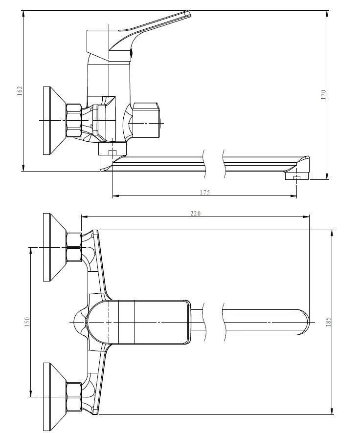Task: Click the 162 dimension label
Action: coord(20,91)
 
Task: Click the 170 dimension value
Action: coord(323,95)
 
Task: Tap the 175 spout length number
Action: coord(205,193)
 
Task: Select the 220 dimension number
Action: coord(196,214)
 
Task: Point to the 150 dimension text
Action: coord(27,322)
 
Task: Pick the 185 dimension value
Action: coord(328,322)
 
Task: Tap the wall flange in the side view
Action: coord(54,121)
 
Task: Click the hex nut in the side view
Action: coord(74,120)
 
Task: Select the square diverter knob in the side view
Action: coord(146,120)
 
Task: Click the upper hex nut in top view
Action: coord(74,247)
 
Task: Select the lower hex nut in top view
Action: coord(74,397)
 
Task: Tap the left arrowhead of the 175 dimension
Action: coord(116,196)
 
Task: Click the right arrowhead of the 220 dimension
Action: coord(306,217)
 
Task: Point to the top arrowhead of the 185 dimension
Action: coord(332,233)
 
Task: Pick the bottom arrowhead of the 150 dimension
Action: coord(30,394)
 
